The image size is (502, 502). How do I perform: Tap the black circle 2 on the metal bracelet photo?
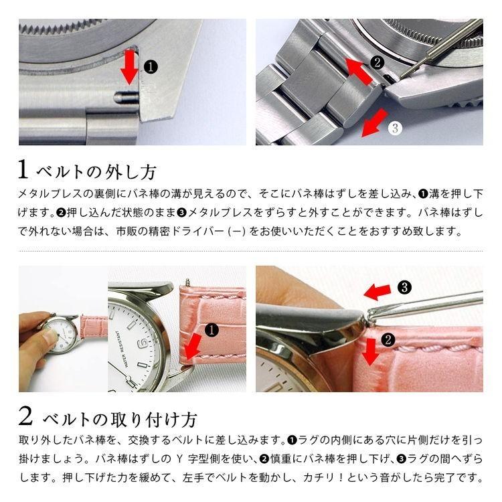tap(377, 62)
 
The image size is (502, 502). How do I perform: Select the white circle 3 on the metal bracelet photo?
tap(395, 127)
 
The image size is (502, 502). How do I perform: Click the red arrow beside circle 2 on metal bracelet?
tap(356, 69)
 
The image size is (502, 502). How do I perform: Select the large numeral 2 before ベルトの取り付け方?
tap(25, 417)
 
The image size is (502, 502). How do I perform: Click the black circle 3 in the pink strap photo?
tap(404, 287)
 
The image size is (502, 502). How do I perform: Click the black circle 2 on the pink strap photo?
tap(387, 339)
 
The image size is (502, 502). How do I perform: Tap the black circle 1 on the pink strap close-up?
tap(212, 329)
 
